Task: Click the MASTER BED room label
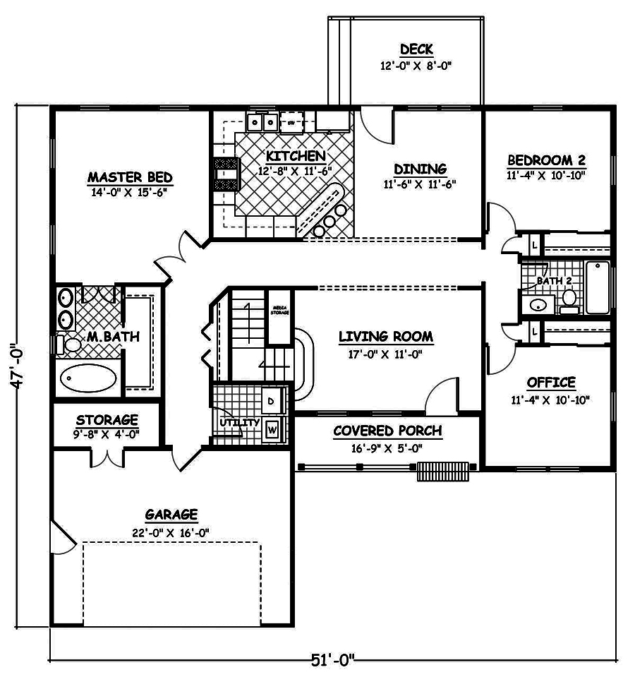click(130, 176)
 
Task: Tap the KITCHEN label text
click(295, 156)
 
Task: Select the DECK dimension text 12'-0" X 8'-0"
click(416, 66)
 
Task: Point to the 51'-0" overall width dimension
click(332, 661)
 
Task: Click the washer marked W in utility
click(273, 428)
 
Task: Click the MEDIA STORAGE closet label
click(278, 308)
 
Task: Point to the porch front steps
click(442, 471)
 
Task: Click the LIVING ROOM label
click(385, 337)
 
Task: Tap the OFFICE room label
click(551, 383)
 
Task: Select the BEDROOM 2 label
click(546, 160)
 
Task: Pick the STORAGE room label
click(107, 420)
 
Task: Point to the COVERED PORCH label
click(387, 431)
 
